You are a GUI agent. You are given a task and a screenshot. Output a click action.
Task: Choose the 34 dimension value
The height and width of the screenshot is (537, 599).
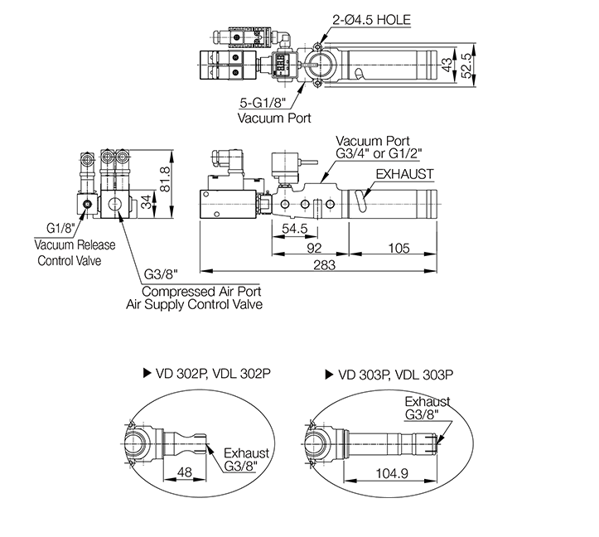pyautogui.click(x=146, y=201)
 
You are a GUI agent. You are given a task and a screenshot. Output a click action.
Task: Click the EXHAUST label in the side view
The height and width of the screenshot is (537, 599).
pyautogui.click(x=404, y=174)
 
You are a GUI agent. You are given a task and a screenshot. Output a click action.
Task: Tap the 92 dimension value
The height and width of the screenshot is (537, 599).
pyautogui.click(x=312, y=246)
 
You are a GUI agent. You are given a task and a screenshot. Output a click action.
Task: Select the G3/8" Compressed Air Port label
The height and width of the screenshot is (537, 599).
pyautogui.click(x=162, y=274)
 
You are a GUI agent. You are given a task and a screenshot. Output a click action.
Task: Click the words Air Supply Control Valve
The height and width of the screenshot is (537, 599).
pyautogui.click(x=194, y=304)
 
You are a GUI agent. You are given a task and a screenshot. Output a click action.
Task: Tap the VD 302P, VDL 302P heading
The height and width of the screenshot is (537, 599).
pyautogui.click(x=212, y=374)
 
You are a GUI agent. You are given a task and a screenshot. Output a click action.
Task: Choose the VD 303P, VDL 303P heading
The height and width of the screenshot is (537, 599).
pyautogui.click(x=395, y=374)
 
